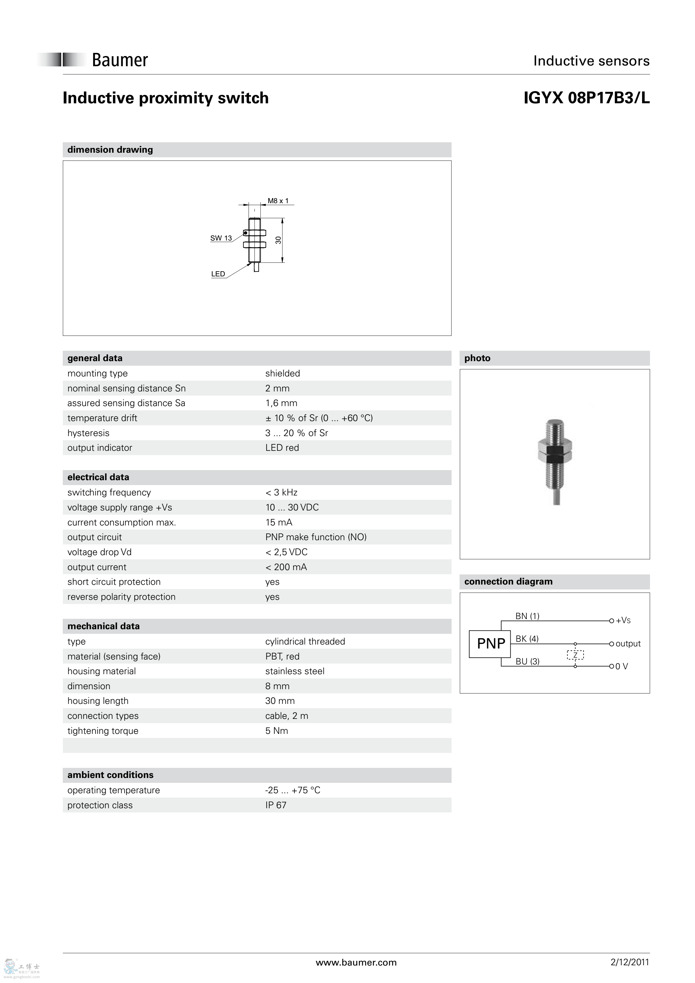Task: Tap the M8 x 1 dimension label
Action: point(278,201)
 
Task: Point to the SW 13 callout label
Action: point(221,238)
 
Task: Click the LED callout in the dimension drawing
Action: point(218,274)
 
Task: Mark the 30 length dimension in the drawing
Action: point(278,240)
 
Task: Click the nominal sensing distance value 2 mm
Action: point(277,388)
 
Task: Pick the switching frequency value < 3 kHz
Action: point(281,492)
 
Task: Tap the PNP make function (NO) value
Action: point(316,537)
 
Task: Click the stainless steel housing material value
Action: point(295,671)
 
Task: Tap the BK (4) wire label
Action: point(527,639)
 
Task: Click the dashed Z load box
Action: point(575,655)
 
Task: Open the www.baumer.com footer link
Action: point(356,963)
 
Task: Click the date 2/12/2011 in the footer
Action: point(629,962)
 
